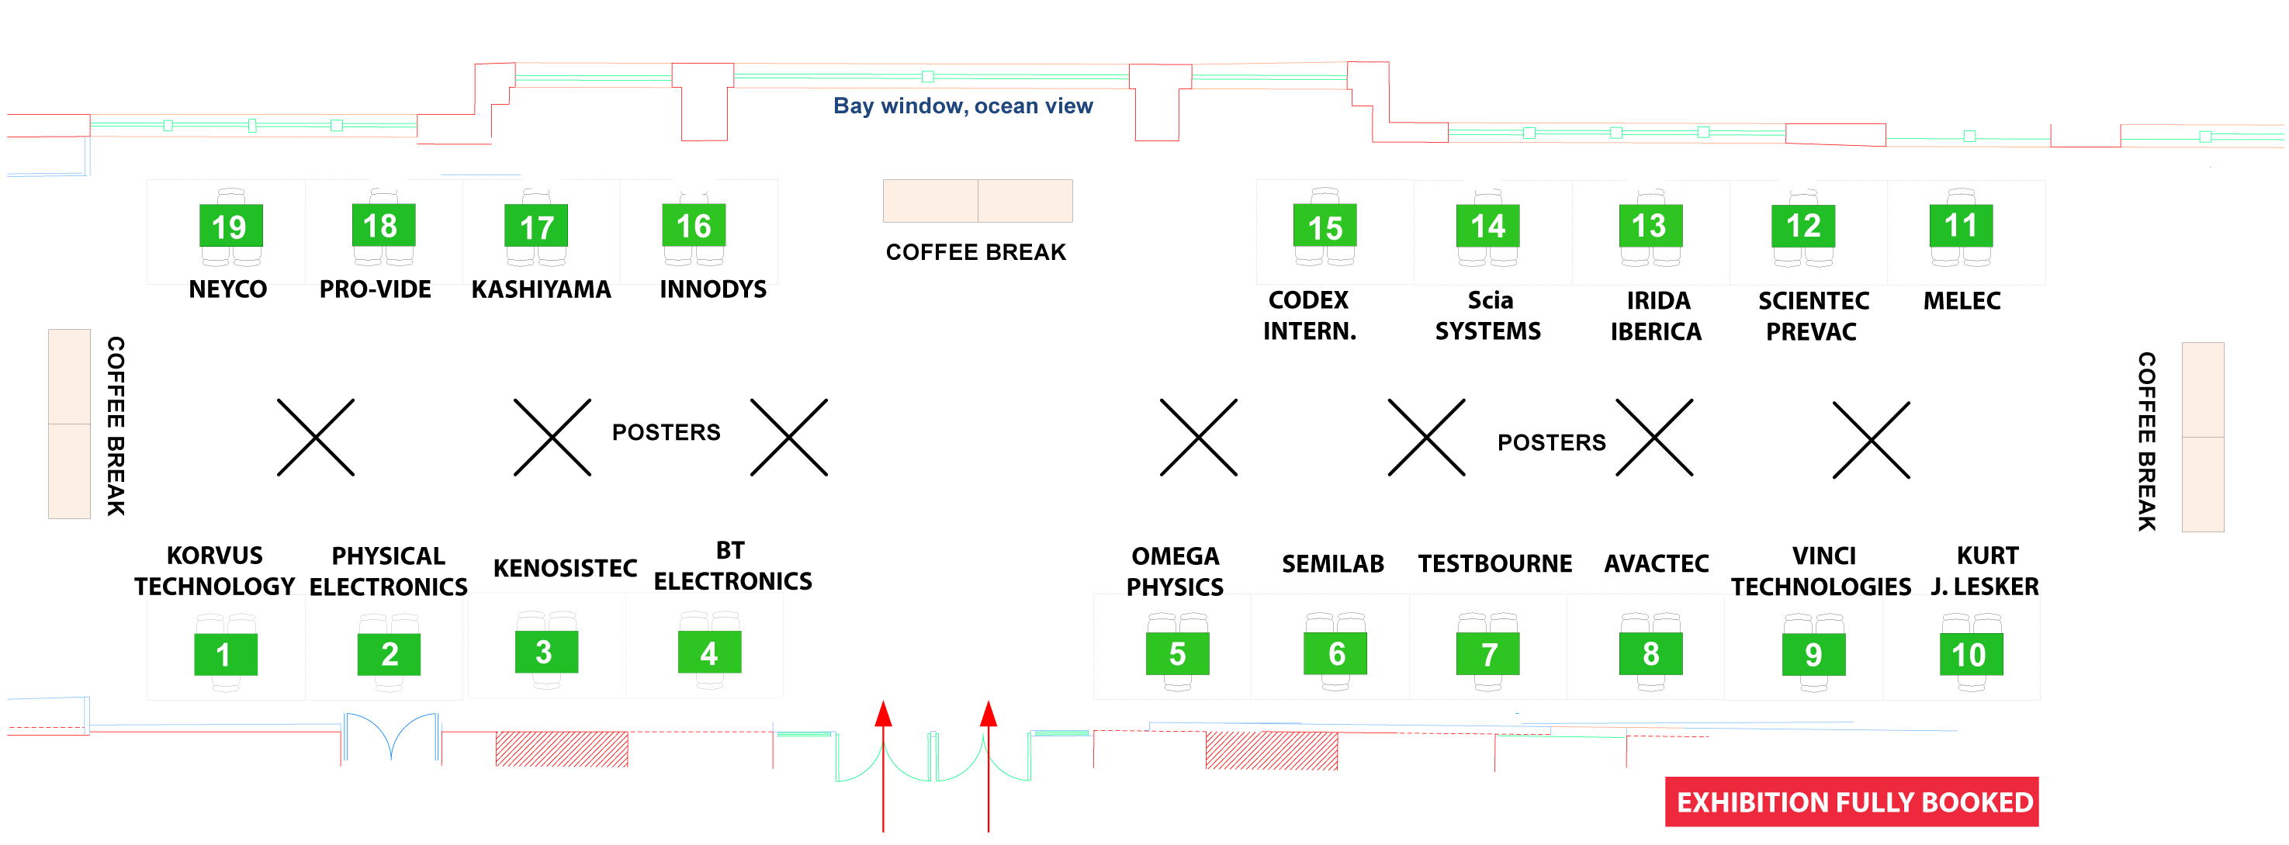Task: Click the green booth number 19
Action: pyautogui.click(x=230, y=227)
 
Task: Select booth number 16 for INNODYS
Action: pyautogui.click(x=693, y=226)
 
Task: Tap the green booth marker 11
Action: pyautogui.click(x=1960, y=226)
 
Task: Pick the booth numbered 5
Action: pyautogui.click(x=1177, y=654)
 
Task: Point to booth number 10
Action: pyautogui.click(x=1970, y=655)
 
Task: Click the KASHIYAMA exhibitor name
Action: pyautogui.click(x=540, y=289)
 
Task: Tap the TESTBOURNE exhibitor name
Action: pyautogui.click(x=1494, y=563)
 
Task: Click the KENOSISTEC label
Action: pyautogui.click(x=565, y=568)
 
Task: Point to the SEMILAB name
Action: pyautogui.click(x=1333, y=563)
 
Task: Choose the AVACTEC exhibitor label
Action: pyautogui.click(x=1657, y=563)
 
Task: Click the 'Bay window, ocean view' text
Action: pyautogui.click(x=962, y=106)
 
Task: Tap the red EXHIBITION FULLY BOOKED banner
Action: pyautogui.click(x=1852, y=802)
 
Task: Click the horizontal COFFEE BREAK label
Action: pyautogui.click(x=975, y=252)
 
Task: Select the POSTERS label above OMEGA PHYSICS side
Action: pyautogui.click(x=1551, y=442)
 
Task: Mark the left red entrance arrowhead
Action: pyautogui.click(x=883, y=714)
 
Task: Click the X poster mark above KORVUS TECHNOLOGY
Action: pyautogui.click(x=316, y=437)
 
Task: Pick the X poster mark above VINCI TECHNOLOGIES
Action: pyautogui.click(x=1871, y=440)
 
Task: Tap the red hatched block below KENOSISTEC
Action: pyautogui.click(x=562, y=749)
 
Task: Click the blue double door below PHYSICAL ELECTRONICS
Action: pyautogui.click(x=391, y=736)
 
